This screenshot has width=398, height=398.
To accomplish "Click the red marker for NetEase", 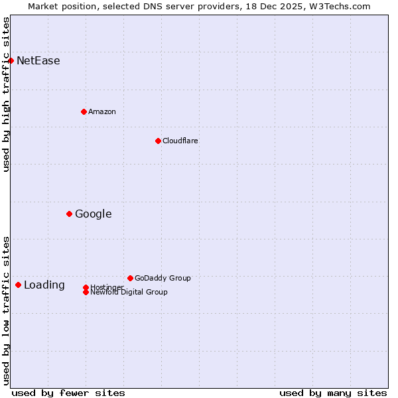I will (x=11, y=61).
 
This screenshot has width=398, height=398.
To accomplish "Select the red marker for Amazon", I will (x=84, y=111).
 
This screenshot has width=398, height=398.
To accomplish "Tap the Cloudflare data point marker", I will (x=158, y=141).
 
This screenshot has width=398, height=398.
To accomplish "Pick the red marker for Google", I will (x=69, y=214).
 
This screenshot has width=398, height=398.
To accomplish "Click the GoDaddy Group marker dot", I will (x=130, y=278).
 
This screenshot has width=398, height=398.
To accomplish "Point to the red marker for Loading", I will (x=18, y=285).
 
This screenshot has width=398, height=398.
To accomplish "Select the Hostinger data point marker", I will (x=86, y=287).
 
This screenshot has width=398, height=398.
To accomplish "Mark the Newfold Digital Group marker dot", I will (x=86, y=292).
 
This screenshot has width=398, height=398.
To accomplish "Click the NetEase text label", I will (x=38, y=61).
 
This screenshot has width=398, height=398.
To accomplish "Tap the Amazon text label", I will (x=101, y=111).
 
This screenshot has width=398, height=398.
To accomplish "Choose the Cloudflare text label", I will (x=180, y=141).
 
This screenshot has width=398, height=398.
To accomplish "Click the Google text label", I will (x=93, y=214).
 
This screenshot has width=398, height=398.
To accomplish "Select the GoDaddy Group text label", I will (x=163, y=278).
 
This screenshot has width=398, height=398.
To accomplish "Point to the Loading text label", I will (x=44, y=285).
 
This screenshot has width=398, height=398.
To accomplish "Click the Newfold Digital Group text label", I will (x=129, y=293).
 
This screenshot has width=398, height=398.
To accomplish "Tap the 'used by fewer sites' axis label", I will (x=68, y=393).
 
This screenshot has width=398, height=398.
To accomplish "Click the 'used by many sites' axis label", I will (x=333, y=393).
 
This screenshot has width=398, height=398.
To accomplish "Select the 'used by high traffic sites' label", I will (x=6, y=94).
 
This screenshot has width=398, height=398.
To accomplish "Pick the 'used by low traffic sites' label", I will (x=6, y=310).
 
